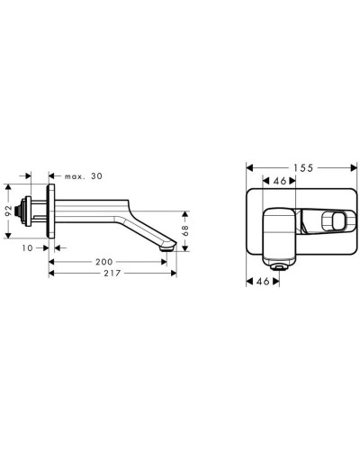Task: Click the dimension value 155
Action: click(x=303, y=168)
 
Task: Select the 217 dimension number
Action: click(x=112, y=273)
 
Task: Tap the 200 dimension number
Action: click(x=104, y=262)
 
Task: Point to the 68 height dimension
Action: click(x=185, y=230)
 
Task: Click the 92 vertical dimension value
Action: click(x=9, y=211)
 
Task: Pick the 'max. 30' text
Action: click(x=84, y=176)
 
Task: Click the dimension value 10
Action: click(x=27, y=248)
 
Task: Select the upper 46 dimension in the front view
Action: click(x=280, y=181)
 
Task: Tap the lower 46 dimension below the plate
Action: click(x=263, y=282)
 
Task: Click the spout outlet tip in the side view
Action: click(x=168, y=247)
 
